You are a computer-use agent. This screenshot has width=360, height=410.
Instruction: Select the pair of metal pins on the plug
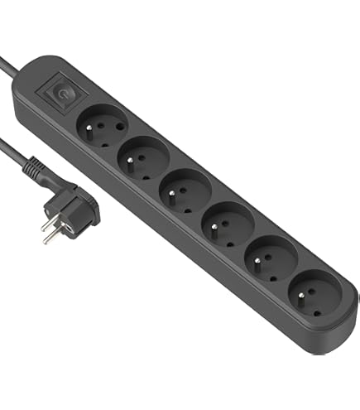pos(52,233)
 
